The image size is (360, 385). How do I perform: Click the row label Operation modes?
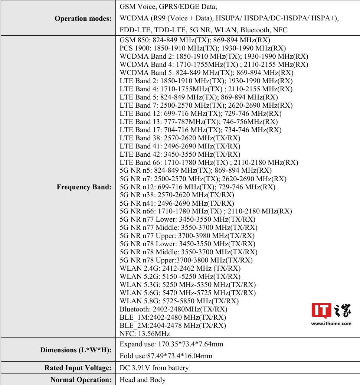[x=83, y=18]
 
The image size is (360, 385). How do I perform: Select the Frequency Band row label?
[x=84, y=187]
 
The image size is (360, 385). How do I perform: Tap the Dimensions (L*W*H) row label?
[x=76, y=350]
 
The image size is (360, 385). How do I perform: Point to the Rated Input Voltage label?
[x=78, y=368]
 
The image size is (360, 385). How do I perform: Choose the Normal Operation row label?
[x=81, y=380]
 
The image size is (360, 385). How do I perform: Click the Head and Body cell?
[x=143, y=380]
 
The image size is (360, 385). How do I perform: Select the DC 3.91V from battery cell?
[x=154, y=368]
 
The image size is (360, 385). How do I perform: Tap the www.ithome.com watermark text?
[x=331, y=323]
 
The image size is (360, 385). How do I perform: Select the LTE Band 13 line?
[x=199, y=121]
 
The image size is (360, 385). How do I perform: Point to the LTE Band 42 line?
[x=180, y=154]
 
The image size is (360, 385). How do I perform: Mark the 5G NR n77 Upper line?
[x=187, y=235]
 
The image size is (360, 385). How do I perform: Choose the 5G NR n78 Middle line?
[x=189, y=252]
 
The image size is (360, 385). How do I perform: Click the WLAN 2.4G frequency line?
[x=180, y=268]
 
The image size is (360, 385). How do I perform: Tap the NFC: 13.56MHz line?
[x=145, y=333]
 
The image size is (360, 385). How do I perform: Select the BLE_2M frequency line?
[x=173, y=325]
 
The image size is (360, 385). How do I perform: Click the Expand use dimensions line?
[x=171, y=344]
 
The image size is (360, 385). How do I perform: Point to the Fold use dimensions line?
[x=166, y=356]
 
